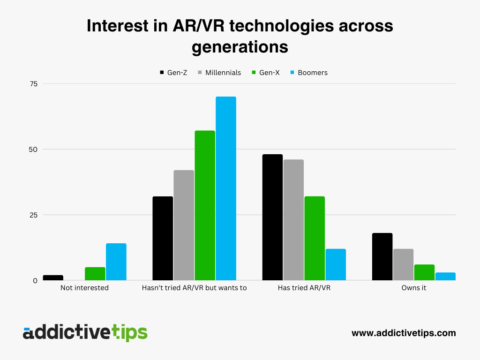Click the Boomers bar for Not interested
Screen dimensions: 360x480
(x=116, y=262)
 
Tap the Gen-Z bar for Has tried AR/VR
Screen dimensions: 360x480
(x=272, y=217)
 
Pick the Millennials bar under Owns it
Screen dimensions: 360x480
(x=403, y=264)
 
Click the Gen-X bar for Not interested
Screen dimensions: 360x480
(x=95, y=274)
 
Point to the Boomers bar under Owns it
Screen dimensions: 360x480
(x=445, y=276)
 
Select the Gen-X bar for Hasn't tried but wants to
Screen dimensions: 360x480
(x=204, y=205)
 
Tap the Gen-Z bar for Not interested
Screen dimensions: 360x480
(x=53, y=277)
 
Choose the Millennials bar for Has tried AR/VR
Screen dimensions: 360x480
(x=293, y=220)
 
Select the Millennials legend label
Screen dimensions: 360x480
(x=223, y=73)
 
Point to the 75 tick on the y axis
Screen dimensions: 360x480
(x=33, y=84)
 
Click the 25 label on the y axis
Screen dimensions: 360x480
(x=33, y=215)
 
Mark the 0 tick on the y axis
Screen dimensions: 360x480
(x=35, y=281)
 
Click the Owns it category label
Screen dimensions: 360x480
(x=413, y=288)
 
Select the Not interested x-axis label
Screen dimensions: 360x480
(x=84, y=288)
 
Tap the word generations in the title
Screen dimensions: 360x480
(x=240, y=47)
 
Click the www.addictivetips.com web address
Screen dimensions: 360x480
(x=404, y=333)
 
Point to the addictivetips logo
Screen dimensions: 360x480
(x=85, y=332)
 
